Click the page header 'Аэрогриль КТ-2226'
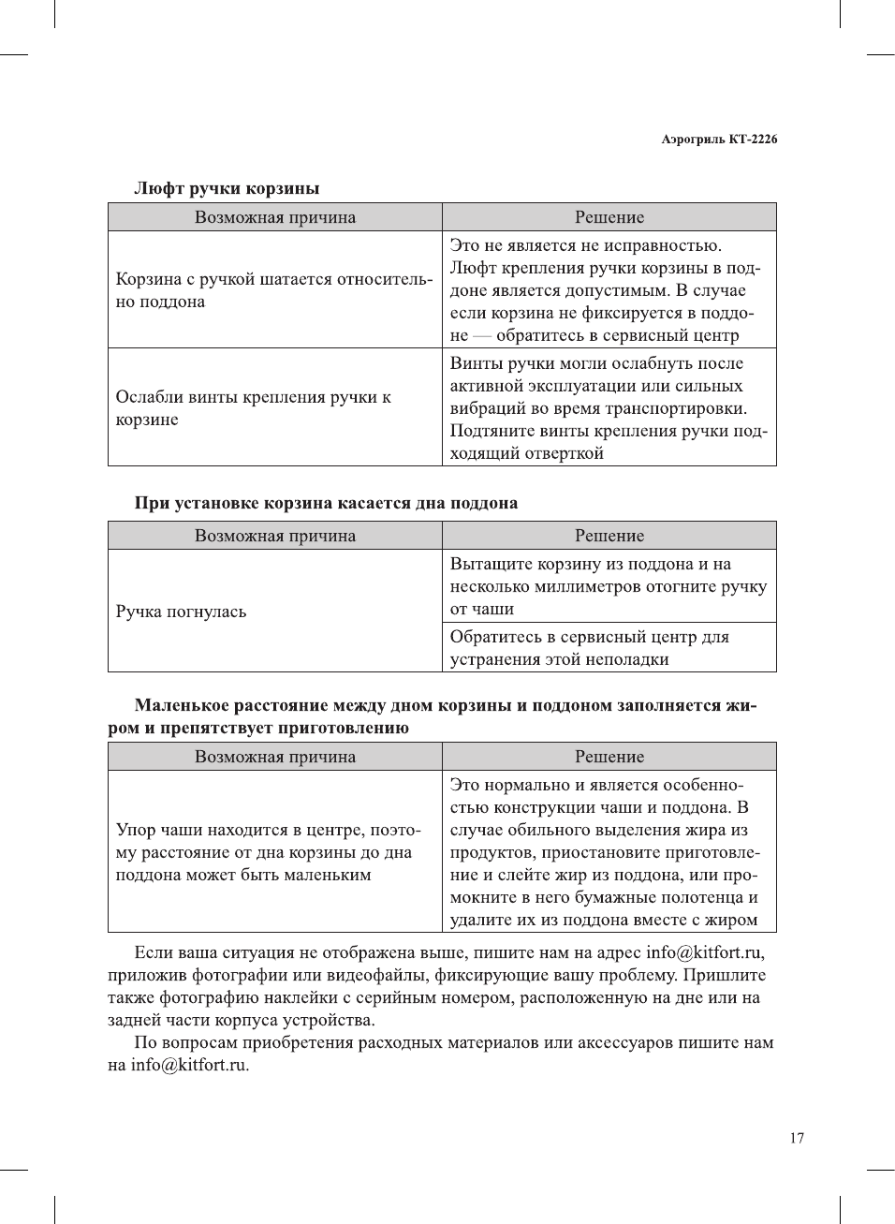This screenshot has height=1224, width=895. click(718, 140)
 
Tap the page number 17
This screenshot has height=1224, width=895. click(796, 1138)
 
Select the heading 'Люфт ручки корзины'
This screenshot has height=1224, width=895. click(227, 188)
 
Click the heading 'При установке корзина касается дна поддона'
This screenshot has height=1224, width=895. click(326, 503)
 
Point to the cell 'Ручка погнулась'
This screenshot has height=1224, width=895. click(181, 612)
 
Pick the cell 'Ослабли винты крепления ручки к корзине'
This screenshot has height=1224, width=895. click(253, 408)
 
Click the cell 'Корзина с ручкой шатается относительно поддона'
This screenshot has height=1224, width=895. click(273, 290)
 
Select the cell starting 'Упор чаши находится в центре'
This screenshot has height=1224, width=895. click(268, 852)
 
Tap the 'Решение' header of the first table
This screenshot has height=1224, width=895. click(609, 217)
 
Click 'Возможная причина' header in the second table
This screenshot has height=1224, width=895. click(275, 536)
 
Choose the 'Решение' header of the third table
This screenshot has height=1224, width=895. click(609, 757)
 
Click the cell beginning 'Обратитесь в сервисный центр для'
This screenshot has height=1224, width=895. click(589, 648)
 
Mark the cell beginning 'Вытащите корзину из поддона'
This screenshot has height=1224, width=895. click(608, 586)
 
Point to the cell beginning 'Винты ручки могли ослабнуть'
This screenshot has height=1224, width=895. click(608, 408)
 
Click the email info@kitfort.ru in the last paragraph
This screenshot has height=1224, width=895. click(189, 1065)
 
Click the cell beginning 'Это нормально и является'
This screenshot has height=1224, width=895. click(608, 852)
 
